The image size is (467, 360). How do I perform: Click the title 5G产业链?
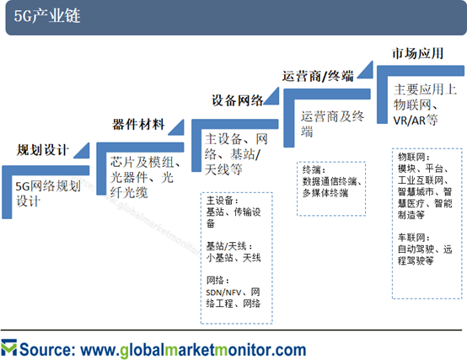47,16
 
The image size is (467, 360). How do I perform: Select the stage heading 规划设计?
43,150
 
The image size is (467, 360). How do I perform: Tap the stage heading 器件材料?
138,125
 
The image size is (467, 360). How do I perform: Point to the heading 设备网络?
238,100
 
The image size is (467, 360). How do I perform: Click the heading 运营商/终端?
318,76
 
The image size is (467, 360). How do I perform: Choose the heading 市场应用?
417,54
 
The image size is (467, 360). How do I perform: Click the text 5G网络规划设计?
48,194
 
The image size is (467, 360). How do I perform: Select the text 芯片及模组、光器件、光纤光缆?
145,177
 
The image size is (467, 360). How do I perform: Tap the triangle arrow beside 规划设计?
82,150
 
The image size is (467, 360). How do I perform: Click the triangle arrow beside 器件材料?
176,127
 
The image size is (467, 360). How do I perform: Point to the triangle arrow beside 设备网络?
271,96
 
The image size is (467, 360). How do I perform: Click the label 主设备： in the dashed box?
223,201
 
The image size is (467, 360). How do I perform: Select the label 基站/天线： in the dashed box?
229,246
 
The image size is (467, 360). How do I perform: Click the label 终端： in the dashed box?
314,169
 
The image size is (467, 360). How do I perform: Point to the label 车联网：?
414,238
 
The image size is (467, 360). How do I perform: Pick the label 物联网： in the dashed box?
414,157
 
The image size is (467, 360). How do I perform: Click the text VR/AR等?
416,120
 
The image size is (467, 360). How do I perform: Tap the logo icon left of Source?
9,347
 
